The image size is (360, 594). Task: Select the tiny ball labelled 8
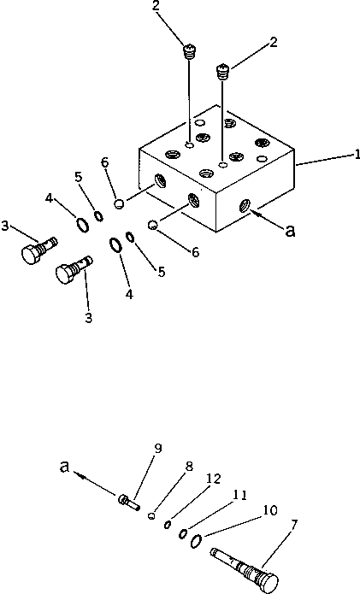[151, 515]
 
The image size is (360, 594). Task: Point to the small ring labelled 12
[168, 524]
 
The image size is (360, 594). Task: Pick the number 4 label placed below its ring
[128, 294]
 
